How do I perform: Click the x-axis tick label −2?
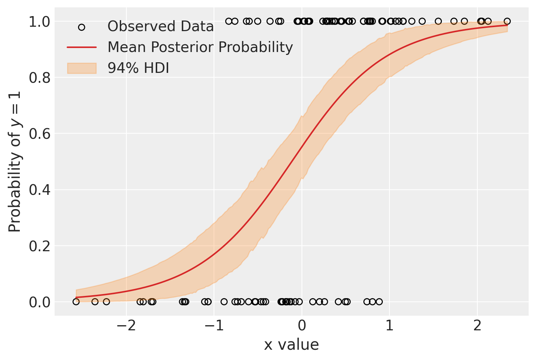coord(126,326)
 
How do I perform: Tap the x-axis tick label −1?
coord(214,326)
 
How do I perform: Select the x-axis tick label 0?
coord(302,326)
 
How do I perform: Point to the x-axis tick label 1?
coord(389,326)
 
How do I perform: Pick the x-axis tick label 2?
coord(477,326)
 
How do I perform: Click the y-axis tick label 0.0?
coord(39,302)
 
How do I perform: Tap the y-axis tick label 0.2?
coord(39,246)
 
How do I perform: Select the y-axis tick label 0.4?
coord(39,190)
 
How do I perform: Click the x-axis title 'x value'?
coord(291,345)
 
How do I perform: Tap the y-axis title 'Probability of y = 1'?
coord(15,161)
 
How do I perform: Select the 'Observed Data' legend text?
coord(160,27)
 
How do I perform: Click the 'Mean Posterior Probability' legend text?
coord(200,47)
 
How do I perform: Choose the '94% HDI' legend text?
coord(138,68)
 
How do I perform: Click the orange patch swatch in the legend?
coord(82,68)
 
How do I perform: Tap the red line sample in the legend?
coord(82,47)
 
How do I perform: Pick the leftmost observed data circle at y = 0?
coord(76,302)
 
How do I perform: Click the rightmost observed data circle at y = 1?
coord(507,21)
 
